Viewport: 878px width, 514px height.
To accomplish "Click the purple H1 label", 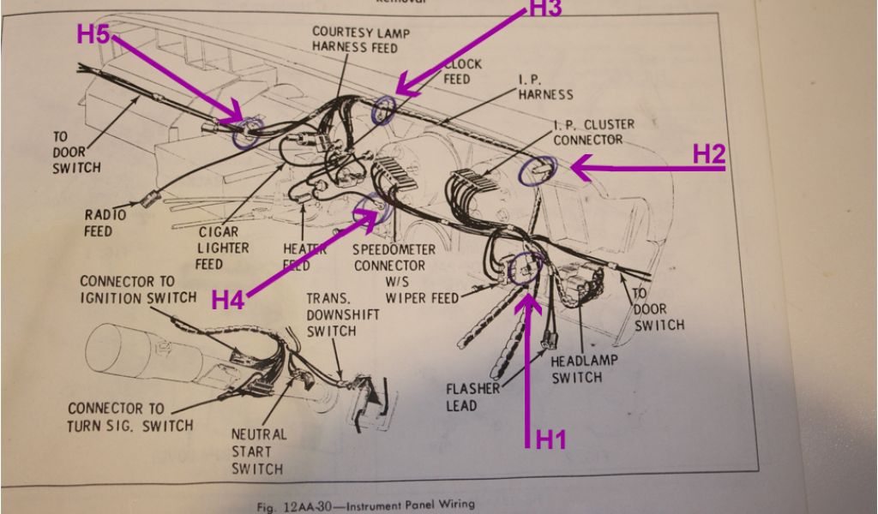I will tap(551, 440).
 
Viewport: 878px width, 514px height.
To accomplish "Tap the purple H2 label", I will tap(709, 154).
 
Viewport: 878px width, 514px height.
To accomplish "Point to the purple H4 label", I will tap(229, 300).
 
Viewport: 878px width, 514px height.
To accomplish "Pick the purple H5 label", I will tap(94, 35).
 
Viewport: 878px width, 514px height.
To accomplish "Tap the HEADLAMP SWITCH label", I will tap(583, 369).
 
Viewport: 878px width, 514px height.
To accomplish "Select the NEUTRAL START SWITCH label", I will tap(257, 451).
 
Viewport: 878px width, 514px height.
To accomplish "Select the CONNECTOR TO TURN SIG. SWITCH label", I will tap(130, 417).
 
